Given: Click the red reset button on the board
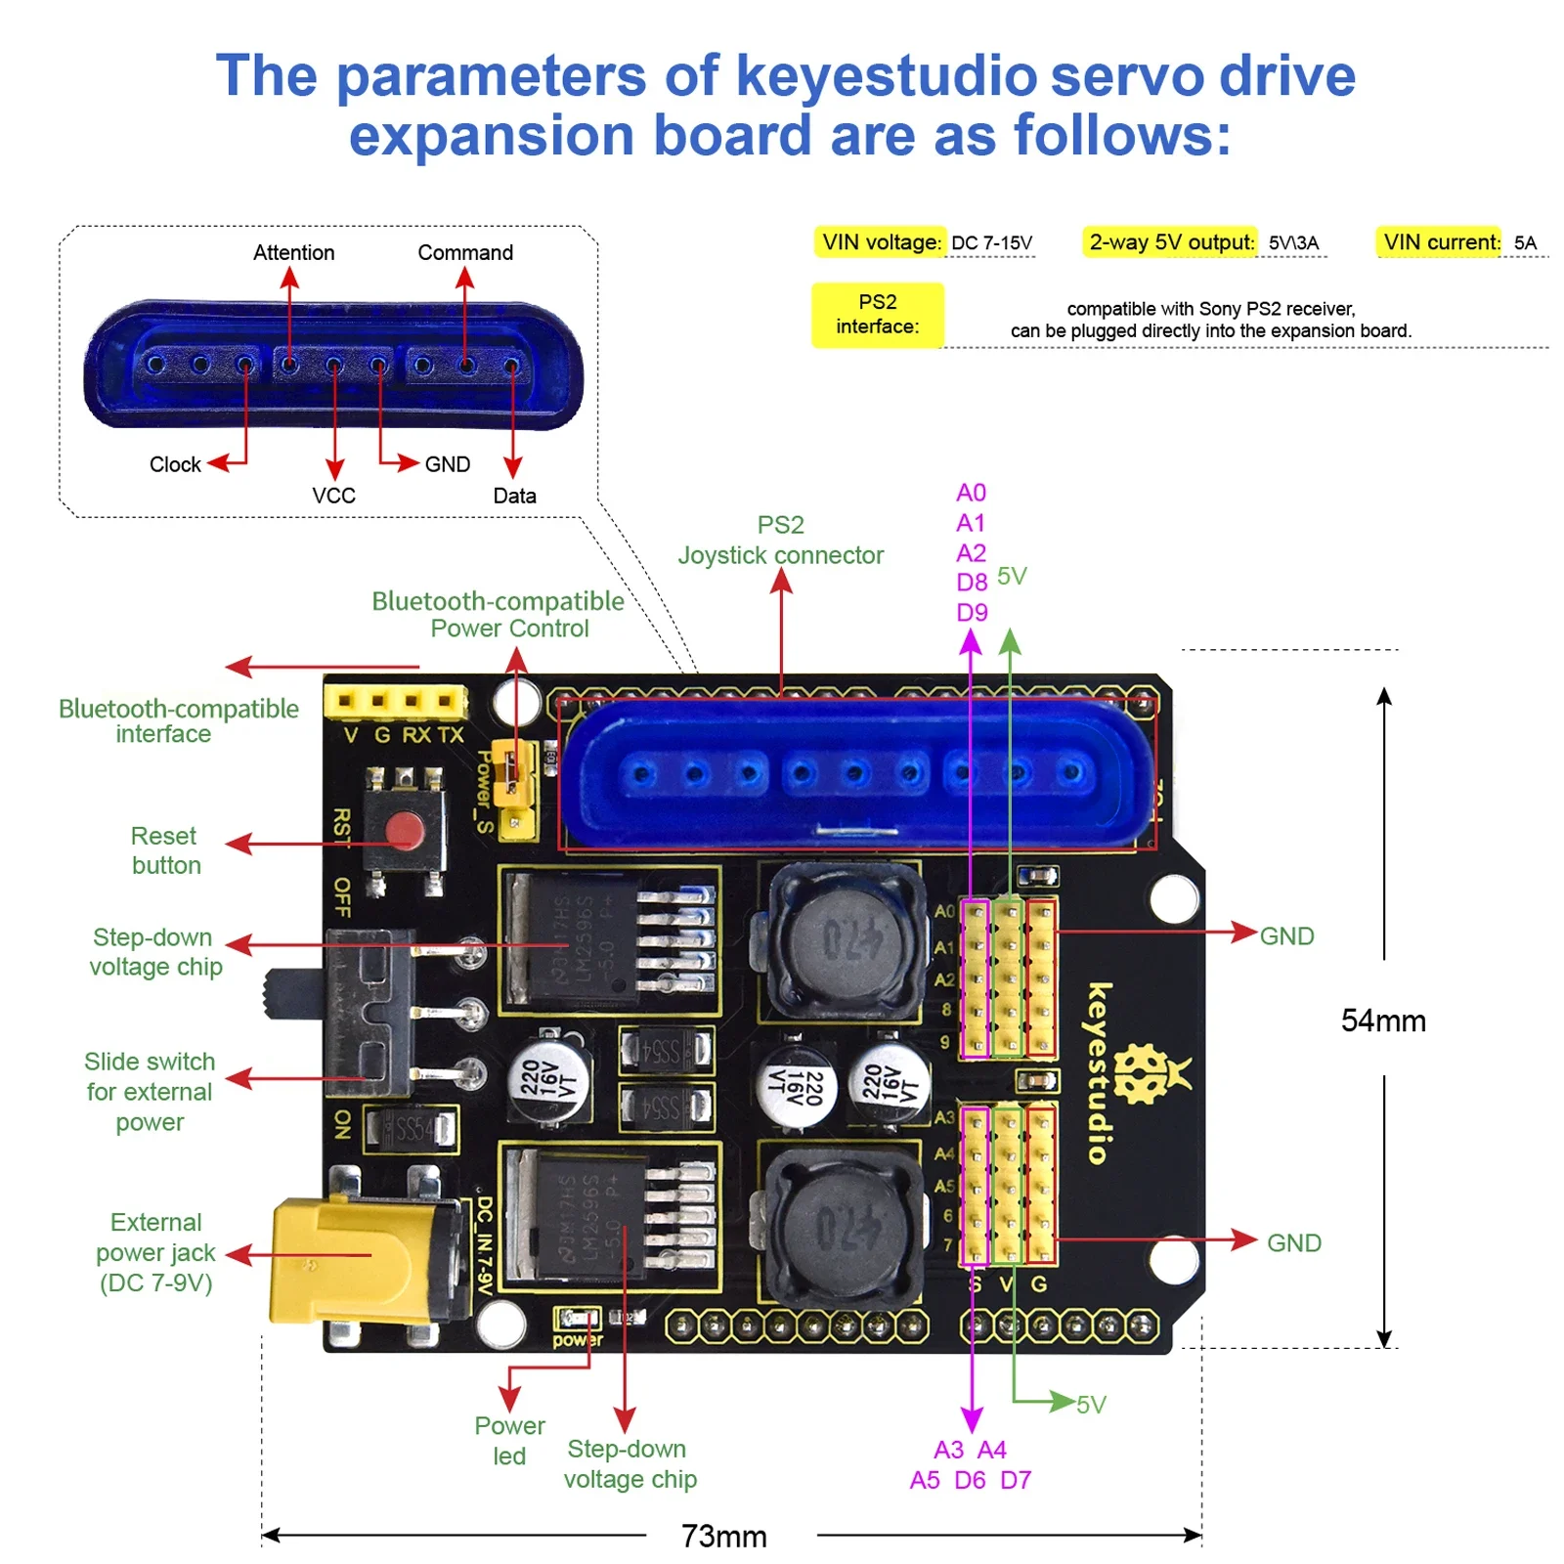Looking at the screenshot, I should coord(404,833).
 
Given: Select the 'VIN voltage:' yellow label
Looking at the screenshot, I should coord(879,242).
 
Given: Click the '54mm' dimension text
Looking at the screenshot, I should coord(1382,1021).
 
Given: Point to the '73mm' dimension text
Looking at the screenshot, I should coord(723,1536).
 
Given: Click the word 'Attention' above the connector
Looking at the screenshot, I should coord(293,252).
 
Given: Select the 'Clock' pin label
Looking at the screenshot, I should coord(175,464).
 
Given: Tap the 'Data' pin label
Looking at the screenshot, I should coord(514,496).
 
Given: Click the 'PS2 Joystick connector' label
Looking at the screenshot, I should coord(780,540).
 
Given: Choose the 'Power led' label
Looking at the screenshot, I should coord(509,1440).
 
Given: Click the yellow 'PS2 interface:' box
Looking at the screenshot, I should coord(877,314).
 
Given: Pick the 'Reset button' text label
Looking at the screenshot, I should coord(165,850).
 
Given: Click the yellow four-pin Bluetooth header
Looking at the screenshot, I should coord(395,701).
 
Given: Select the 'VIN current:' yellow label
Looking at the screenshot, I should coord(1439,242).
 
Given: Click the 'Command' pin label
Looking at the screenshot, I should coord(465,252).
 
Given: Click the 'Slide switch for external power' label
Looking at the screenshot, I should coord(149,1091).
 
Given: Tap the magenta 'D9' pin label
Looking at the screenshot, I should coord(971,613).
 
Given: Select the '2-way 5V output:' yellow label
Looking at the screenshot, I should coord(1170,242).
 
